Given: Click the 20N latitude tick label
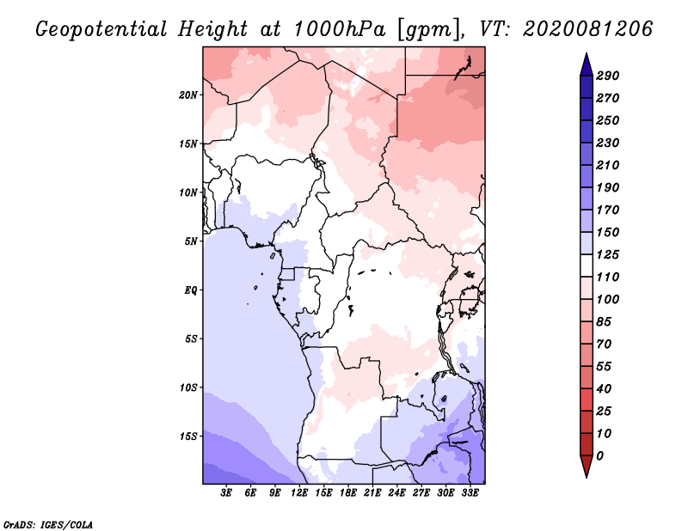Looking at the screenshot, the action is [x=188, y=95].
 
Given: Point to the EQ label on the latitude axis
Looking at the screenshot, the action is [x=191, y=290].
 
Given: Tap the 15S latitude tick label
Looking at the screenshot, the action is [x=188, y=436].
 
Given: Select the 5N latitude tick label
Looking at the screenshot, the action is [x=191, y=241].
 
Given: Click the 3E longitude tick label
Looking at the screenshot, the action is [x=226, y=493].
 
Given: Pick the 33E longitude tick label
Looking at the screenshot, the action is [x=470, y=493].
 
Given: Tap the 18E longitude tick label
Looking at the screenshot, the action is [x=348, y=493].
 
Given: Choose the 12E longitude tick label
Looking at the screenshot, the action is [x=299, y=493].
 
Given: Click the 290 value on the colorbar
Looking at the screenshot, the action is [x=608, y=76].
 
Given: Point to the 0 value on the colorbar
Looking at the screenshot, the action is [x=599, y=456].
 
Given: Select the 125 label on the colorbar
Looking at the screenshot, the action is [x=608, y=254].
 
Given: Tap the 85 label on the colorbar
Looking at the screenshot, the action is [x=604, y=322].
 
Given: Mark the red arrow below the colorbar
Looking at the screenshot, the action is [x=587, y=465].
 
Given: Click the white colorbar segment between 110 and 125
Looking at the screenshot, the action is [x=587, y=265].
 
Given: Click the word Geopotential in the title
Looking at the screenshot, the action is [x=101, y=29].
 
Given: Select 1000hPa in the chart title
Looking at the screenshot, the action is [x=340, y=29].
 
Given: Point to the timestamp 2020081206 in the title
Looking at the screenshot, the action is [x=588, y=29].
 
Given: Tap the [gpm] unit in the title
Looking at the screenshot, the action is [x=430, y=30].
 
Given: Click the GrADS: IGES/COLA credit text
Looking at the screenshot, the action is [x=48, y=525].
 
